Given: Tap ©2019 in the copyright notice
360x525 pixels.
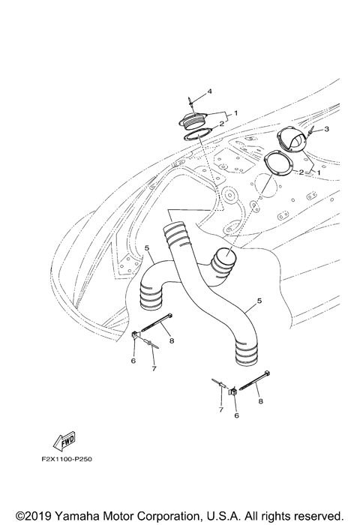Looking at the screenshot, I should (x=28, y=516).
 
